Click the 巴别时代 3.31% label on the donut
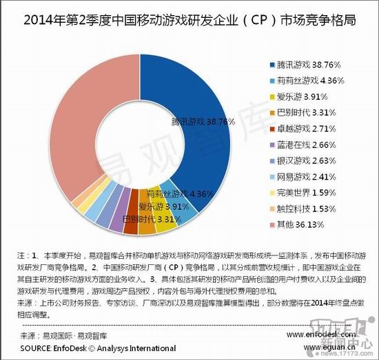point(151,219)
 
